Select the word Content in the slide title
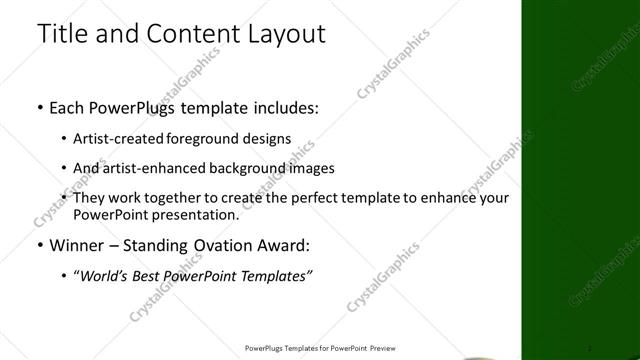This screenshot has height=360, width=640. pyautogui.click(x=181, y=33)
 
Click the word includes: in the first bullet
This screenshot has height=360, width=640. pyautogui.click(x=281, y=107)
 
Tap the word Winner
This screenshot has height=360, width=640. pyautogui.click(x=79, y=245)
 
